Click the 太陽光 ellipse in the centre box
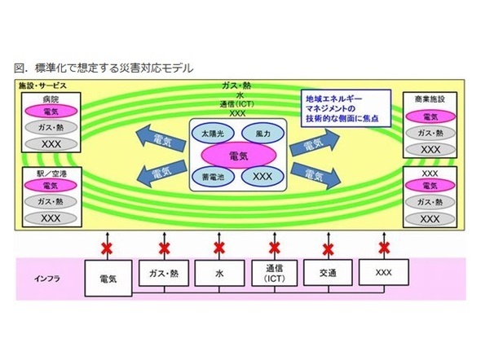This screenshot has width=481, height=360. coord(213,134)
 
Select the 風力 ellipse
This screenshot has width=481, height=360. coord(263,134)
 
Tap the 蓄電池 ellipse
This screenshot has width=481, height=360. coord(213,177)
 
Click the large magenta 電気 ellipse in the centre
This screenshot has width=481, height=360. coord(239,156)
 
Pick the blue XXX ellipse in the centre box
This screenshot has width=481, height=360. coord(263,177)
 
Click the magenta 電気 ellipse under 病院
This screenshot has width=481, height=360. coord(51,112)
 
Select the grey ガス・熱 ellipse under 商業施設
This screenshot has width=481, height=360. coord(430,133)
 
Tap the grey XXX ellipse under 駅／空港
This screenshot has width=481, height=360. coord(51,218)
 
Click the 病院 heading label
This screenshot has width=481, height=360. coord(51,99)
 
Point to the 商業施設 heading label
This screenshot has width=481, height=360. coord(430,99)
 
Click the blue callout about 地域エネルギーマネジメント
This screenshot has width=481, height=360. coord(346,108)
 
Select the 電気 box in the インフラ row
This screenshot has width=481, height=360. coord(108,279)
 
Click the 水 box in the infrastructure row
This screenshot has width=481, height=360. coord(219,273)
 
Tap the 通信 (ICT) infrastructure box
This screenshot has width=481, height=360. coord(274,273)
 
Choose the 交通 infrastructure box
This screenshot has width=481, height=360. coord(328,273)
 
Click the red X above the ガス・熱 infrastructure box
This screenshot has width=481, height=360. coord(165,248)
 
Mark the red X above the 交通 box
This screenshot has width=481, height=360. coord(329,249)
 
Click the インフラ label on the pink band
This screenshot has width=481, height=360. coord(47,279)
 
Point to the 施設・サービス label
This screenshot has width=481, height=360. coord(42,86)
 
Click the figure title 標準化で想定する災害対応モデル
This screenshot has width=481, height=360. coord(114,68)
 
